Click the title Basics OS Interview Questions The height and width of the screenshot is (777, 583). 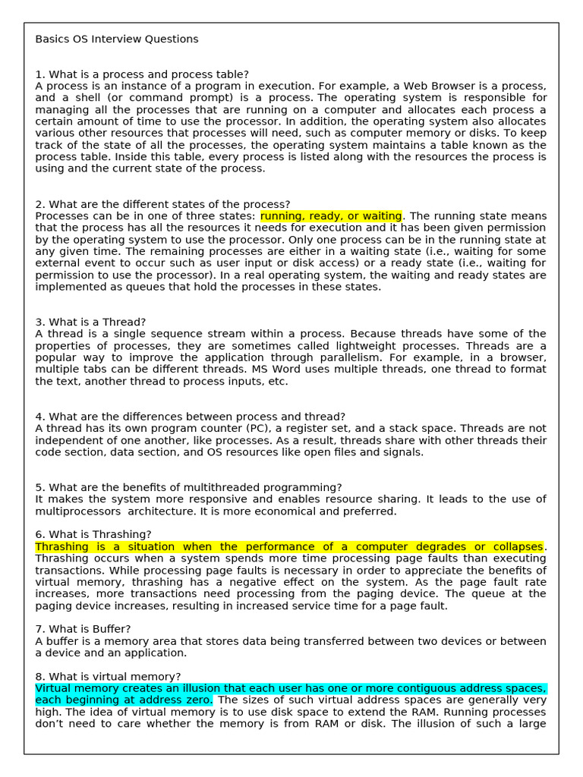click(117, 39)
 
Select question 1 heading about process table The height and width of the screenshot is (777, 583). click(142, 74)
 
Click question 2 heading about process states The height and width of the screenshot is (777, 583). click(162, 204)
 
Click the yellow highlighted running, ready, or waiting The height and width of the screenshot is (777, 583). click(332, 216)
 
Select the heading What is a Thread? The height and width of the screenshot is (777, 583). click(90, 322)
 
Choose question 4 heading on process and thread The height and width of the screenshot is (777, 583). click(190, 417)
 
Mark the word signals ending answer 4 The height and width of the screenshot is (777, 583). click(403, 452)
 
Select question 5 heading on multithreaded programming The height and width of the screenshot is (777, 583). click(188, 487)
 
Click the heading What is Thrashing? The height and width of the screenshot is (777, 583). click(93, 534)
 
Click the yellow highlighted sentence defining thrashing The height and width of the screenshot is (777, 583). click(289, 546)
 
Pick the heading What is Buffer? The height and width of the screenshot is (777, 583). click(83, 629)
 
